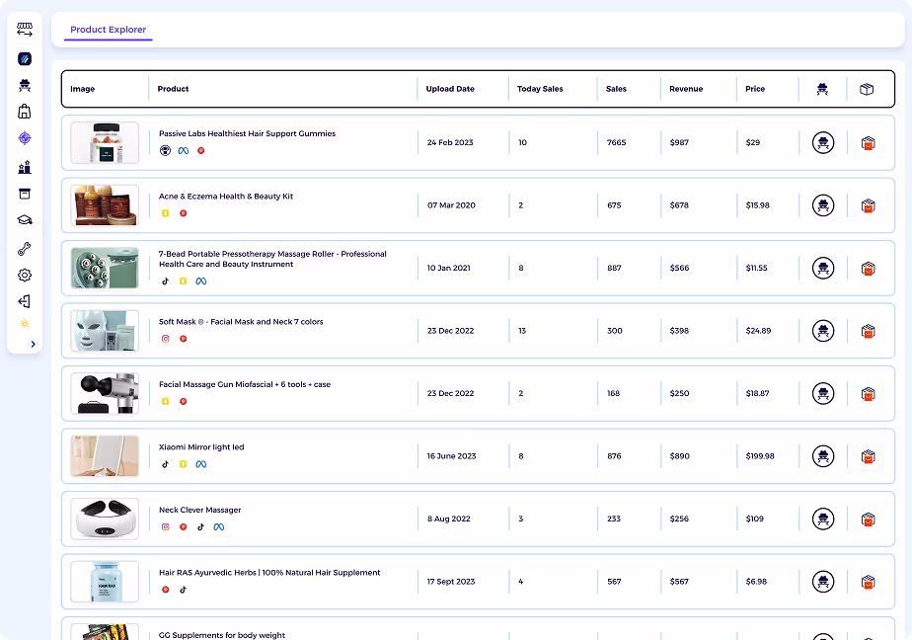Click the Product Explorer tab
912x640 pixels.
[109, 30]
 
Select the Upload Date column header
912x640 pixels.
[450, 89]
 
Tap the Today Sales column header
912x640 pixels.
[540, 89]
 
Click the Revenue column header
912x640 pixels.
[686, 89]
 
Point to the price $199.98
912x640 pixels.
[760, 456]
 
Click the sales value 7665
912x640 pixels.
[616, 142]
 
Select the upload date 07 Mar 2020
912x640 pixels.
[451, 205]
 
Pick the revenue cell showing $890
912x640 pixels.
[679, 456]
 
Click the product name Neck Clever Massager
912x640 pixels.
[199, 510]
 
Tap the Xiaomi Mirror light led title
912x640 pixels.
[201, 447]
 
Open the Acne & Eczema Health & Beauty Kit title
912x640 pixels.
[226, 197]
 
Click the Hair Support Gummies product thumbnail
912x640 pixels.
[105, 142]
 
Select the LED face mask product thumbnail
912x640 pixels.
[105, 331]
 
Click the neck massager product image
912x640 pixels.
[105, 520]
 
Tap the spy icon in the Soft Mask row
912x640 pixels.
[823, 331]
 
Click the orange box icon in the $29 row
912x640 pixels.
[869, 143]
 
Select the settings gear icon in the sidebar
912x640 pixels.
[25, 276]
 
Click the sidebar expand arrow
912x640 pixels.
[34, 344]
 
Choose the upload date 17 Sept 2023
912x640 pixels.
[452, 582]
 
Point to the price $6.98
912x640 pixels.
[757, 582]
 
